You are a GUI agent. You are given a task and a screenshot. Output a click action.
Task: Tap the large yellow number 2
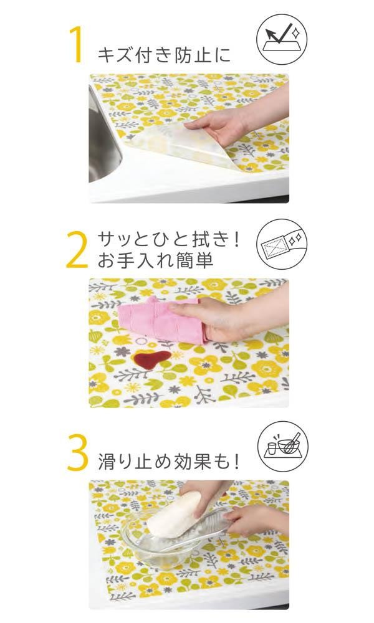pos(77,249)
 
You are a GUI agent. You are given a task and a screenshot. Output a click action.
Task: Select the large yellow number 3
pos(77,452)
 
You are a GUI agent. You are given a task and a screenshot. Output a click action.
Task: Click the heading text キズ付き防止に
pos(164,54)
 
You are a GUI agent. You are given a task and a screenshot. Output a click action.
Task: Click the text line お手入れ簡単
pos(155,260)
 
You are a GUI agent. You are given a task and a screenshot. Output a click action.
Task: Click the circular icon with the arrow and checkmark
pos(282,39)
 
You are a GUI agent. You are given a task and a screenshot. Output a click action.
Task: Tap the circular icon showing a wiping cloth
pos(282,243)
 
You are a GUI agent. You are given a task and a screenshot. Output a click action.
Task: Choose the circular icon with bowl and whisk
pos(283,447)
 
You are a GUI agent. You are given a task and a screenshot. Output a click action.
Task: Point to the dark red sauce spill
pos(151,359)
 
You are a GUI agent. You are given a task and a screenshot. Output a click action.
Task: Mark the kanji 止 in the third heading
pos(144,462)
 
